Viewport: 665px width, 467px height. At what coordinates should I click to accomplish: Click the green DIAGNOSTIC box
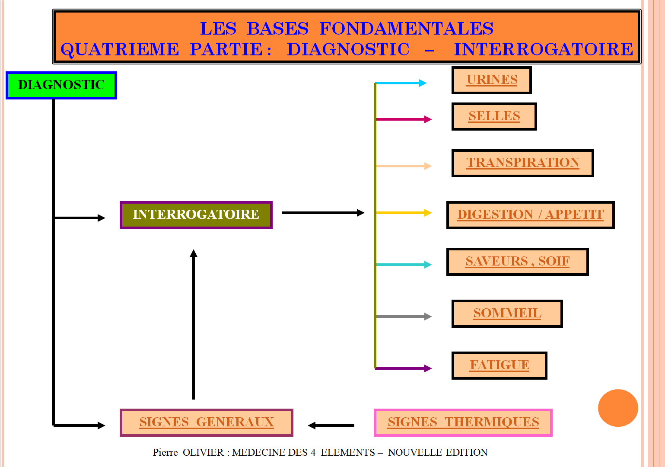pyautogui.click(x=61, y=85)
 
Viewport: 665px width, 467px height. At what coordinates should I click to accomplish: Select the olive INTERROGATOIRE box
pyautogui.click(x=196, y=215)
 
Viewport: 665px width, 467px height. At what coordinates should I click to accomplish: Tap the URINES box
pyautogui.click(x=491, y=80)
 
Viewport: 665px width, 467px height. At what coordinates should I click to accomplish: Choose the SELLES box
pyautogui.click(x=494, y=116)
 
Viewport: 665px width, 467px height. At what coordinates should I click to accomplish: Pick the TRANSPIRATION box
pyautogui.click(x=522, y=163)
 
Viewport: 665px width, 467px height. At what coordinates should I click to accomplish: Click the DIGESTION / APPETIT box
pyautogui.click(x=530, y=215)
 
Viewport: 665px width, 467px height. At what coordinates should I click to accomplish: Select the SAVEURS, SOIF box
pyautogui.click(x=518, y=262)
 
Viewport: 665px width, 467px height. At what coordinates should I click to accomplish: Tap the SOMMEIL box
pyautogui.click(x=507, y=313)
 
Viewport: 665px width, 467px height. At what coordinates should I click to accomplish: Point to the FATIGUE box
pyautogui.click(x=500, y=365)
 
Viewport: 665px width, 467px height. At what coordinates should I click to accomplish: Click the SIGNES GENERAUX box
pyautogui.click(x=207, y=422)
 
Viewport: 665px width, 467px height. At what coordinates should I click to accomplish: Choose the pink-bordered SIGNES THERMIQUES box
pyautogui.click(x=463, y=422)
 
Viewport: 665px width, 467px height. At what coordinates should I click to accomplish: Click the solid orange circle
pyautogui.click(x=618, y=408)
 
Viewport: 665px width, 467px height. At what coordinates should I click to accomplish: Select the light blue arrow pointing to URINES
pyautogui.click(x=401, y=83)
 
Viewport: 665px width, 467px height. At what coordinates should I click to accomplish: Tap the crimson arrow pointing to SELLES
pyautogui.click(x=404, y=119)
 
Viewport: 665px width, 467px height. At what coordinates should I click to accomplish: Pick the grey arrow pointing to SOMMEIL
pyautogui.click(x=404, y=317)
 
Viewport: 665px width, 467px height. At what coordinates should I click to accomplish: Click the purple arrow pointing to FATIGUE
pyautogui.click(x=404, y=368)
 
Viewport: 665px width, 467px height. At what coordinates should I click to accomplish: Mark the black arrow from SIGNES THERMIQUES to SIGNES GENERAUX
pyautogui.click(x=331, y=425)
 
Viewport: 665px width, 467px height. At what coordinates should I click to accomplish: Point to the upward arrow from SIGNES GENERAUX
pyautogui.click(x=194, y=324)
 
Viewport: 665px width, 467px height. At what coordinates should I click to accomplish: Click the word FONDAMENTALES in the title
pyautogui.click(x=406, y=29)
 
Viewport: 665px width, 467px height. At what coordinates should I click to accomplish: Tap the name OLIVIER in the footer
pyautogui.click(x=203, y=452)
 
